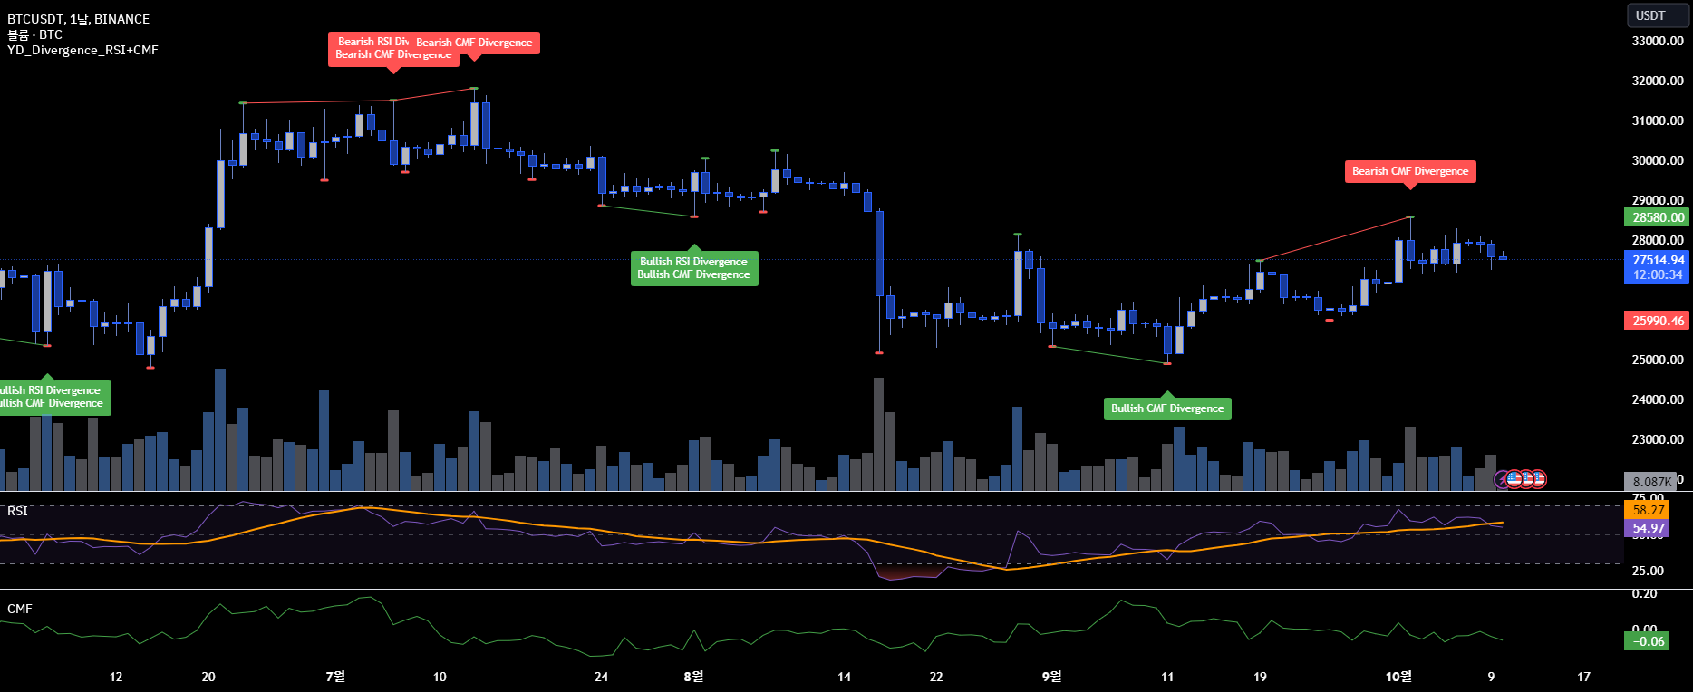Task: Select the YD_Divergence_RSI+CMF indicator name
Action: [x=82, y=50]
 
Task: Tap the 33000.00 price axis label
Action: [x=1658, y=41]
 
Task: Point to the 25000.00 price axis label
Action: [x=1658, y=360]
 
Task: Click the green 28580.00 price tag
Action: [x=1658, y=217]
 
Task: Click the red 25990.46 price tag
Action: [x=1658, y=321]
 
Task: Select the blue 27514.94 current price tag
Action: [x=1658, y=260]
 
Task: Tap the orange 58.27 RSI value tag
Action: [x=1649, y=510]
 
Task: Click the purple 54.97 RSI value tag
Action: [x=1649, y=528]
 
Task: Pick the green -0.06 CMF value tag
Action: [x=1648, y=641]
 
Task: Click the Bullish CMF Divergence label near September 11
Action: [x=1167, y=408]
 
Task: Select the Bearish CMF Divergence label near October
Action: [x=1409, y=171]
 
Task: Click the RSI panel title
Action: [x=17, y=511]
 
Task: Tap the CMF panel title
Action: [x=19, y=609]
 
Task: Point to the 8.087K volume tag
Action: [x=1651, y=482]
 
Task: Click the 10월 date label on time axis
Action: [x=1398, y=677]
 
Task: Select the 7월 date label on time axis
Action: [x=335, y=677]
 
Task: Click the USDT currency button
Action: [x=1650, y=15]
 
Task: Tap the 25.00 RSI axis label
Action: [x=1648, y=571]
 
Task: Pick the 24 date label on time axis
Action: [x=601, y=677]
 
